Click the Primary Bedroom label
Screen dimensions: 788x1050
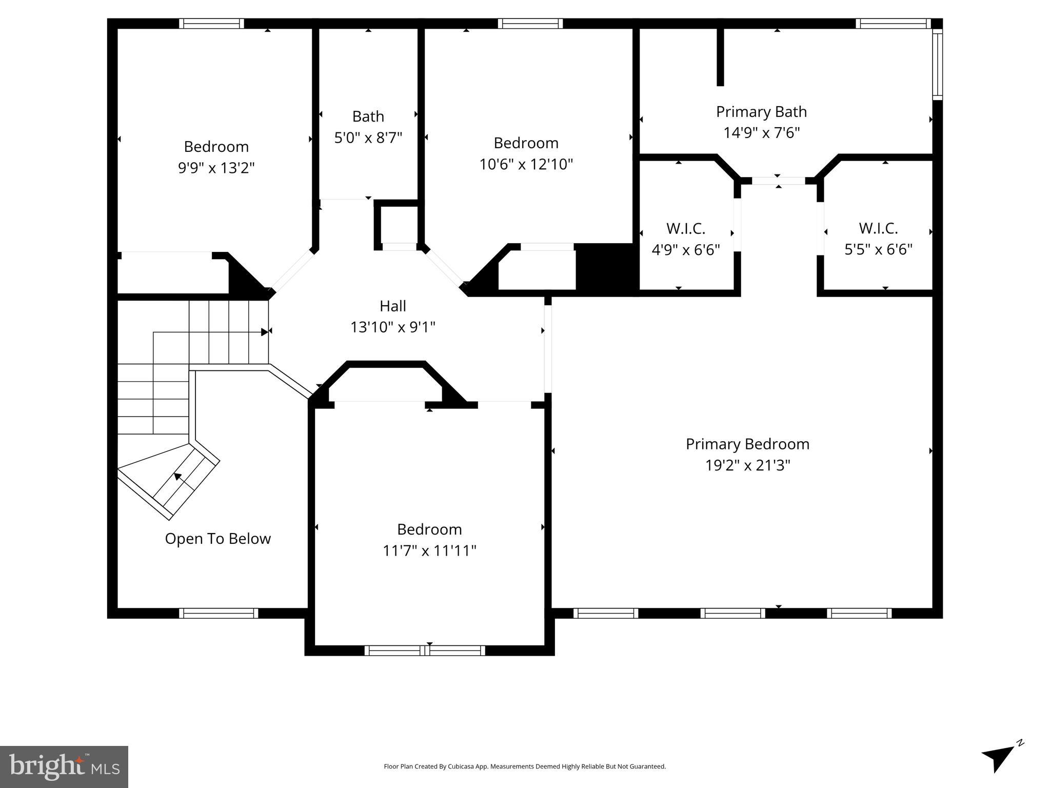tap(747, 444)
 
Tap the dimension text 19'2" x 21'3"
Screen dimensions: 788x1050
tap(747, 465)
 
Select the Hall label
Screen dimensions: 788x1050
tap(393, 306)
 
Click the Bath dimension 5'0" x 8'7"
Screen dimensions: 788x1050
tap(368, 137)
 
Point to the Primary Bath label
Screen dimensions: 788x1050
tap(761, 111)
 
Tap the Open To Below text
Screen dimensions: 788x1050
tap(217, 539)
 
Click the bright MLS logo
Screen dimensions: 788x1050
tap(64, 766)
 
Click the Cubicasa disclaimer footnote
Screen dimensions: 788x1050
tap(525, 766)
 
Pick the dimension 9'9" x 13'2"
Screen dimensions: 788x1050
tap(216, 168)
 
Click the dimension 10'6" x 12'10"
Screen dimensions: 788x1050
tap(526, 164)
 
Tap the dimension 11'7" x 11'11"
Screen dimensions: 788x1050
tap(429, 550)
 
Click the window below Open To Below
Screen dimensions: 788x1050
tap(219, 613)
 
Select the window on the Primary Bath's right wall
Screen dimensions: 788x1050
tap(937, 64)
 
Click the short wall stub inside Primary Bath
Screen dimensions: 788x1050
tap(720, 56)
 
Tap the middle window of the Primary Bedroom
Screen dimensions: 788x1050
tap(732, 613)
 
